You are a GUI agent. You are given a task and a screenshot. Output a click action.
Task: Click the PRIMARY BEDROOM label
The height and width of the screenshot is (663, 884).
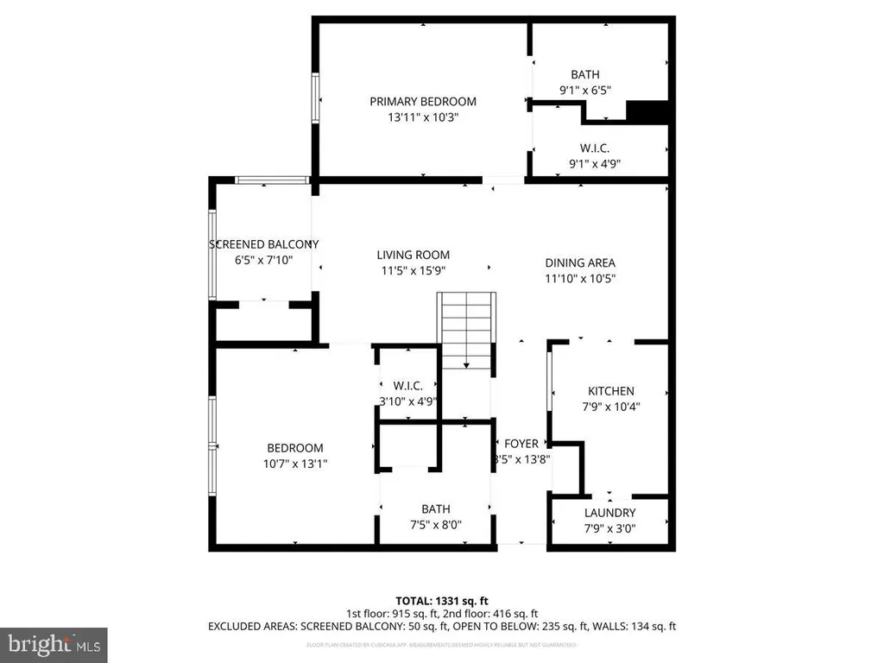(x=423, y=101)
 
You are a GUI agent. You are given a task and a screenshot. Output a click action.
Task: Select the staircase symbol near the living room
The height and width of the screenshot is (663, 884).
(x=467, y=330)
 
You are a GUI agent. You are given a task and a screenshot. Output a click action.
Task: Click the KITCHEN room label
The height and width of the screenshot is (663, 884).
(x=611, y=391)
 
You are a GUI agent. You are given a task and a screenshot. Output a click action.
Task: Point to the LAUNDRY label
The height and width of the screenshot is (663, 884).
(x=610, y=512)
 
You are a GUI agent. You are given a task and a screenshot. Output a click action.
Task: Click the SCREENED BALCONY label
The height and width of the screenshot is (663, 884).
(x=264, y=244)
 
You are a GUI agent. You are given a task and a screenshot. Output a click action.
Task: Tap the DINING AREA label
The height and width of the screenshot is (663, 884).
(x=580, y=263)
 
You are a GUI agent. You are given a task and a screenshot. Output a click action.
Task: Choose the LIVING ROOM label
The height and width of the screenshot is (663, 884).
(x=413, y=255)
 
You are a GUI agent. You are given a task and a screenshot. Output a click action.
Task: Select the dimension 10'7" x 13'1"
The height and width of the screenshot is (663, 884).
(x=295, y=464)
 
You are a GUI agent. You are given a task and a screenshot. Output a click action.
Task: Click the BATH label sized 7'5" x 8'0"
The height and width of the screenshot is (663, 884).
(x=435, y=509)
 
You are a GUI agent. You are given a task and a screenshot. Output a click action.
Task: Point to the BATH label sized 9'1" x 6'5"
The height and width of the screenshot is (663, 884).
(x=584, y=74)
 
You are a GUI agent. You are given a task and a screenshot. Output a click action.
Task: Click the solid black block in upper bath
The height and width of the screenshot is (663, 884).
(x=647, y=112)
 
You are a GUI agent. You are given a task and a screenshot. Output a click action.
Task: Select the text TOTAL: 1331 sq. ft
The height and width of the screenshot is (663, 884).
(x=441, y=600)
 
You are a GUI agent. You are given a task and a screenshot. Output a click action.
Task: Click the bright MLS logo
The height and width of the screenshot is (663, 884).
(x=53, y=644)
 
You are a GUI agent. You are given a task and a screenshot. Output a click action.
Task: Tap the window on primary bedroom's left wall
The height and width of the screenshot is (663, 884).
(x=316, y=100)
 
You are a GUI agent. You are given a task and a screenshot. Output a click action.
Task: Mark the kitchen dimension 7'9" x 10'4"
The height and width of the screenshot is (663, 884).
(x=611, y=406)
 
